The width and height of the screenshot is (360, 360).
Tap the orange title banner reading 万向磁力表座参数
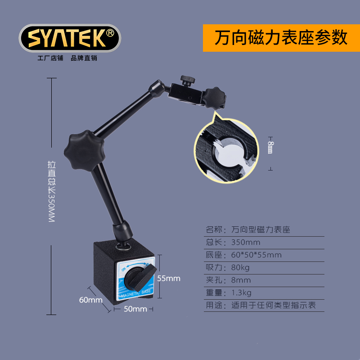281,38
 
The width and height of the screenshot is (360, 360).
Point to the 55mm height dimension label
168,279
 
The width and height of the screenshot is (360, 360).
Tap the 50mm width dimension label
135,309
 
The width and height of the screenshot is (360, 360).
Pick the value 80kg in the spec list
240,267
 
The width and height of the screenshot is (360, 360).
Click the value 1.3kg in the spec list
241,292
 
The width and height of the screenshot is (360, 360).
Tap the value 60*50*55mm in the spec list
256,255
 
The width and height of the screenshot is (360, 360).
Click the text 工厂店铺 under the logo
50,58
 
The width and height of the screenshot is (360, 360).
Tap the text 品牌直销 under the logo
84,58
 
